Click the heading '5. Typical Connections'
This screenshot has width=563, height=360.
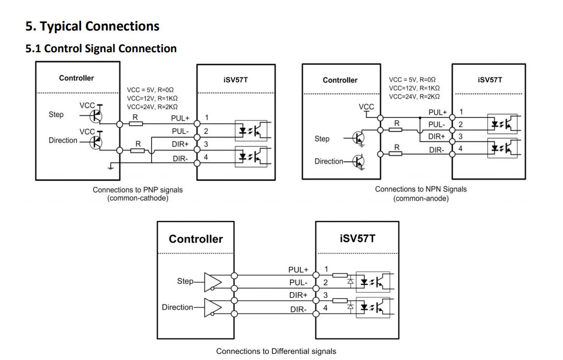point(93,26)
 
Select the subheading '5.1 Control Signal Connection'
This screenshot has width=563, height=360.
point(101,49)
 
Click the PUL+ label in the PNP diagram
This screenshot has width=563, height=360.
point(180,118)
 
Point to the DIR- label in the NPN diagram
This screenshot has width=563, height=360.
point(437,149)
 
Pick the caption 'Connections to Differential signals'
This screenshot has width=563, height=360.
point(276,351)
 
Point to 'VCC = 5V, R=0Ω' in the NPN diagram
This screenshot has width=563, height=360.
point(412,80)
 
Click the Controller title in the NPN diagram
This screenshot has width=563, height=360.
point(340,80)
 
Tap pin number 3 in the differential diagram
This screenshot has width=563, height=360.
point(326,295)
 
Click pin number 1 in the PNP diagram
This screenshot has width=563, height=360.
point(206,118)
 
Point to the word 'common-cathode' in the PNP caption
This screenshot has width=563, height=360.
point(138,198)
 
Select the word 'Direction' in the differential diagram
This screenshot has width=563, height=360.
point(177,307)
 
